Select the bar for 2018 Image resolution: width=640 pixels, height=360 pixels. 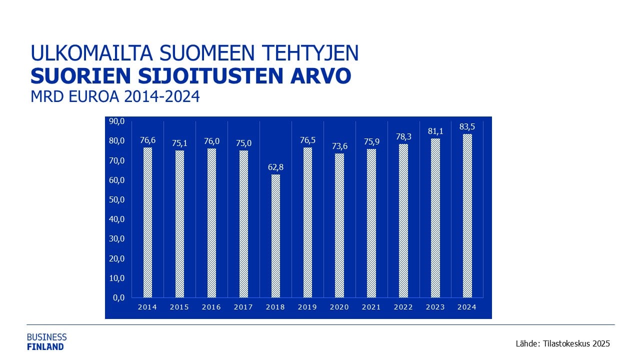(275, 236)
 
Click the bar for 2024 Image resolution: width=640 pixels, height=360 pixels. (467, 215)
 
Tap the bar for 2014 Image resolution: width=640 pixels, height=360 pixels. (147, 222)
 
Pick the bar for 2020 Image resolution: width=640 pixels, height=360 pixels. (339, 225)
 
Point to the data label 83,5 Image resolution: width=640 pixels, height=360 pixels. (467, 127)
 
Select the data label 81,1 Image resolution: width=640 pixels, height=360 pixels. (435, 131)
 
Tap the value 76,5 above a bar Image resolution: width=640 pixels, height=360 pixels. (307, 140)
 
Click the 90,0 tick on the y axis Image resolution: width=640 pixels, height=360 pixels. (117, 121)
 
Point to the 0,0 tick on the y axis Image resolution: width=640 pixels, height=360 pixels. (118, 297)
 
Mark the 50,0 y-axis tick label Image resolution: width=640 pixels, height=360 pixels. (117, 199)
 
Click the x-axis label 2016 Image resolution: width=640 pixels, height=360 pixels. (211, 307)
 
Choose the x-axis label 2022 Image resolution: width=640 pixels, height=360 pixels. (403, 307)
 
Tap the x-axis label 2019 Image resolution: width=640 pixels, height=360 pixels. (307, 307)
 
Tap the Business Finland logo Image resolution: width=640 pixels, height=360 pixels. (46, 341)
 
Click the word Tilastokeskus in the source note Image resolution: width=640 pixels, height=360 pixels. (567, 344)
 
